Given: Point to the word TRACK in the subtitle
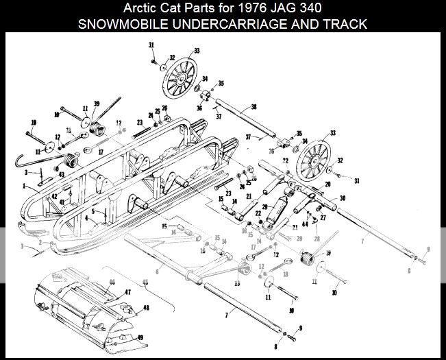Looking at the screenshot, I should (x=347, y=25).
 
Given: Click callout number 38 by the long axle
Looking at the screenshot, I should (x=253, y=107).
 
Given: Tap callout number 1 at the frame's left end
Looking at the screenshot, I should (x=23, y=185).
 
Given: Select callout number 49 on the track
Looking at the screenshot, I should (x=140, y=337).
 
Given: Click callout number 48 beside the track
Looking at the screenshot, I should (x=146, y=308).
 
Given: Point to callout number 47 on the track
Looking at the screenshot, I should (x=127, y=292).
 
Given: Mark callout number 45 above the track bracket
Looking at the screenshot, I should (x=145, y=282).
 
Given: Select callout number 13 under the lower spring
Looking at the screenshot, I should (x=238, y=282).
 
